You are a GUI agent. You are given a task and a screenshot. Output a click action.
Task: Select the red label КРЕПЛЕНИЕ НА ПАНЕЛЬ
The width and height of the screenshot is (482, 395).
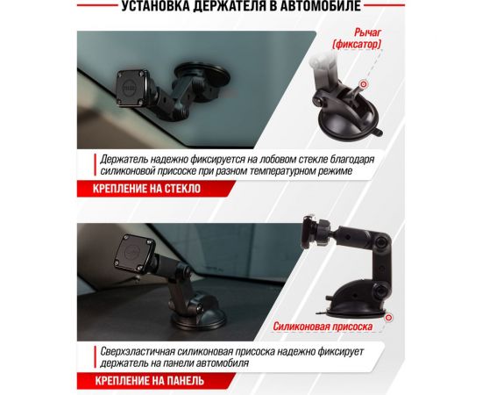pos(144,380)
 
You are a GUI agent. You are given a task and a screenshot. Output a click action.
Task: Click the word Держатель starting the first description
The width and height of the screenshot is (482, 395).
pos(125,158)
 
